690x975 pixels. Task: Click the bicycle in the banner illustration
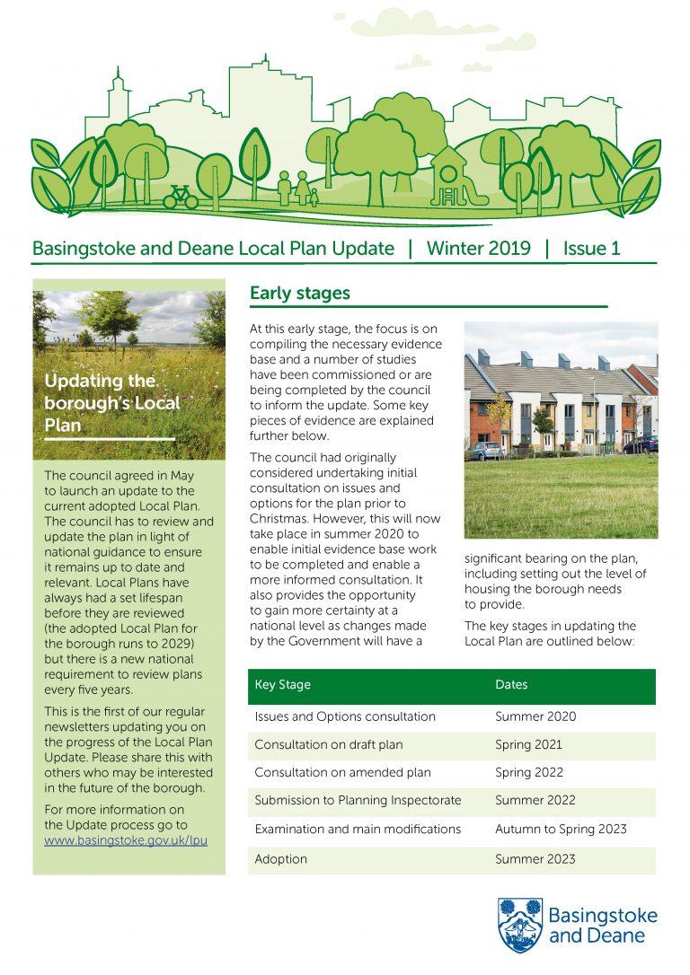181,196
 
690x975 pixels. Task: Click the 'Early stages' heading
299,294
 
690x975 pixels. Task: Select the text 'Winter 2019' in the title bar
478,249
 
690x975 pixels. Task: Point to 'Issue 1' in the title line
591,249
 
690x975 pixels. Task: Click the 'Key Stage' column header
282,685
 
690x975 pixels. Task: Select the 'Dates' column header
511,685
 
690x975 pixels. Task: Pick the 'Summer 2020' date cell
535,717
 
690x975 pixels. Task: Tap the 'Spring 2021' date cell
528,744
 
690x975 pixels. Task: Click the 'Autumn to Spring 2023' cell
561,830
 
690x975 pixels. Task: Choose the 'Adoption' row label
280,859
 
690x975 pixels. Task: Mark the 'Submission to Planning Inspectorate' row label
358,801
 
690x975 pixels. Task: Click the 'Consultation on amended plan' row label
342,772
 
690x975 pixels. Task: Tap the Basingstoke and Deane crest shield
520,926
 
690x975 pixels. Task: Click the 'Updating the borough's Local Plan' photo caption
112,402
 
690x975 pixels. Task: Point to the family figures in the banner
296,189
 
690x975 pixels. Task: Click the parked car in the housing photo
486,451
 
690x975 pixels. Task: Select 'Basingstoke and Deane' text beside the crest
602,926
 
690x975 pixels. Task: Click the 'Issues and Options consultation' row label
345,717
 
